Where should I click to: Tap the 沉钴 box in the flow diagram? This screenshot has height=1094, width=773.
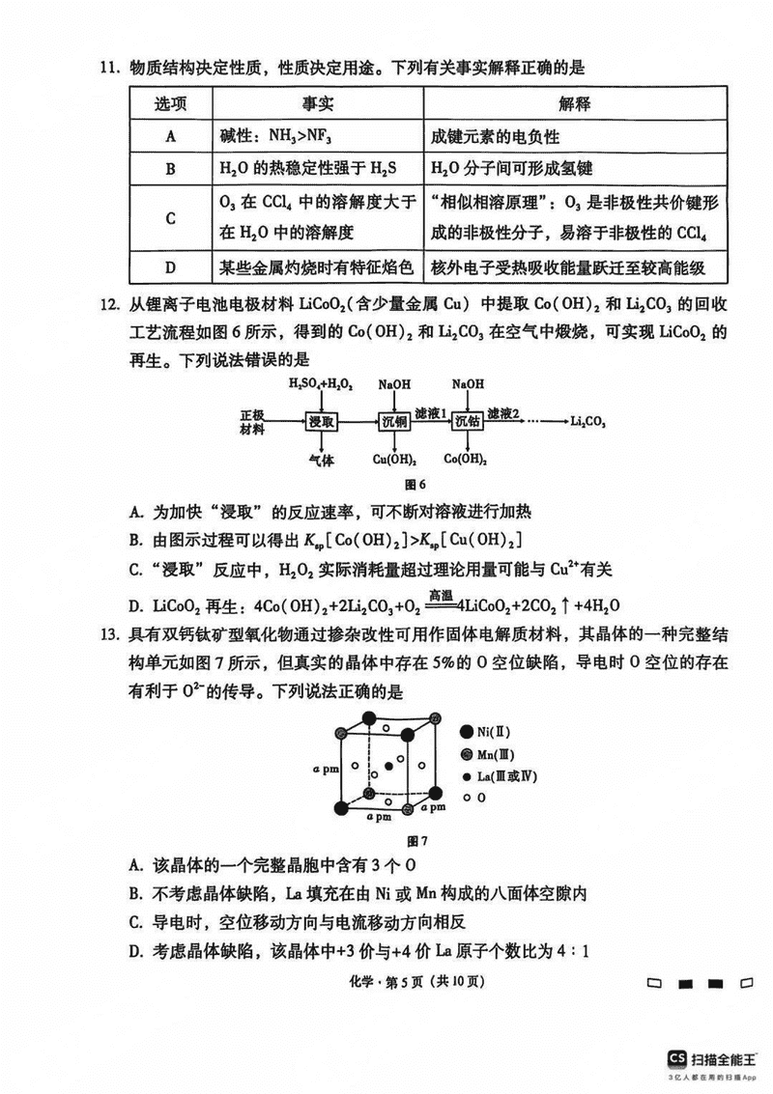pyautogui.click(x=467, y=421)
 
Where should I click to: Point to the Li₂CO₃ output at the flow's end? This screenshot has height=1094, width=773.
pyautogui.click(x=587, y=421)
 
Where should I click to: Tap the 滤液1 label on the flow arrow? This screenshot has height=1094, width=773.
pyautogui.click(x=430, y=412)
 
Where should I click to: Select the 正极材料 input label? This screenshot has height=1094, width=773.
pyautogui.click(x=252, y=421)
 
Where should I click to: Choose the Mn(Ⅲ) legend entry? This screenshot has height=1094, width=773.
pyautogui.click(x=488, y=754)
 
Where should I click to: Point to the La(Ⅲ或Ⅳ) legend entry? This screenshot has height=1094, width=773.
pyautogui.click(x=493, y=776)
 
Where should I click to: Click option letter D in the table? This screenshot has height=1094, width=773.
pyautogui.click(x=170, y=266)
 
